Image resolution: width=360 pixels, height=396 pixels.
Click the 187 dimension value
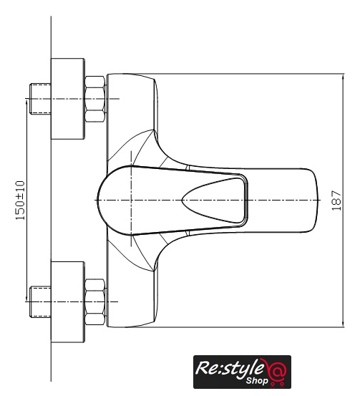click(x=336, y=201)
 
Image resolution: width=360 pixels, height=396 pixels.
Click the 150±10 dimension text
click(x=20, y=201)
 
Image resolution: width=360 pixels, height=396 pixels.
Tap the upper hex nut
click(x=94, y=99)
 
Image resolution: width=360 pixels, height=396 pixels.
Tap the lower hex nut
click(x=94, y=301)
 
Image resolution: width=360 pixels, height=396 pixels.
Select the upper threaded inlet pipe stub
click(x=40, y=99)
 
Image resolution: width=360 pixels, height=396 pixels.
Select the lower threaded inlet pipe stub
click(x=40, y=301)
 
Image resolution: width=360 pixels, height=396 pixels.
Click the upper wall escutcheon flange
click(x=68, y=99)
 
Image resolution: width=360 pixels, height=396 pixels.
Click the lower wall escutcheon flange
click(x=68, y=302)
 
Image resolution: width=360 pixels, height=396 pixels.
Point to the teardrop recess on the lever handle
click(x=213, y=201)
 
